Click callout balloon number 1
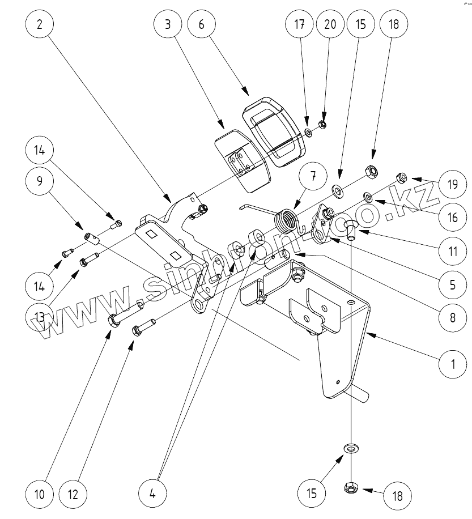[452, 364]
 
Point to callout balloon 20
[329, 25]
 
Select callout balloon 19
[452, 185]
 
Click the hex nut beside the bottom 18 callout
[351, 487]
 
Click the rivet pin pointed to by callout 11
[351, 229]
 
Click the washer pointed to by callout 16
[368, 197]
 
